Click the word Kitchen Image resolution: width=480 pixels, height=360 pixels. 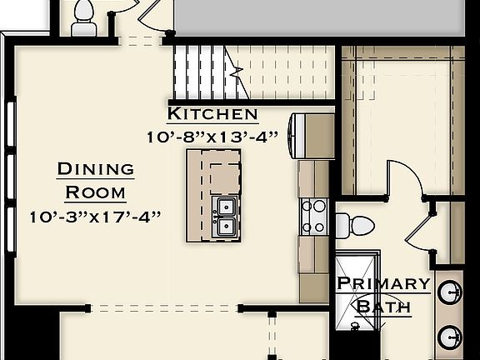click(x=212, y=114)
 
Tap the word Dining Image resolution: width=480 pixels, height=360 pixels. click(x=95, y=169)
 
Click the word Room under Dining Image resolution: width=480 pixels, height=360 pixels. click(x=95, y=192)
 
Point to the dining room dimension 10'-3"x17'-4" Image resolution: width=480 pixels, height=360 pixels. click(x=94, y=216)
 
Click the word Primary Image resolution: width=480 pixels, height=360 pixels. click(x=383, y=283)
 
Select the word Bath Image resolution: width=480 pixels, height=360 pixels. click(x=383, y=306)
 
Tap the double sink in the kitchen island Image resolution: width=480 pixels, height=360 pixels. click(x=224, y=215)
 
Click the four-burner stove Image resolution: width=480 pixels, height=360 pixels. click(x=313, y=216)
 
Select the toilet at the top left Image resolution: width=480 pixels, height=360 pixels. click(x=84, y=19)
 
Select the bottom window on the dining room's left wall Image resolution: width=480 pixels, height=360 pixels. click(x=11, y=229)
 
